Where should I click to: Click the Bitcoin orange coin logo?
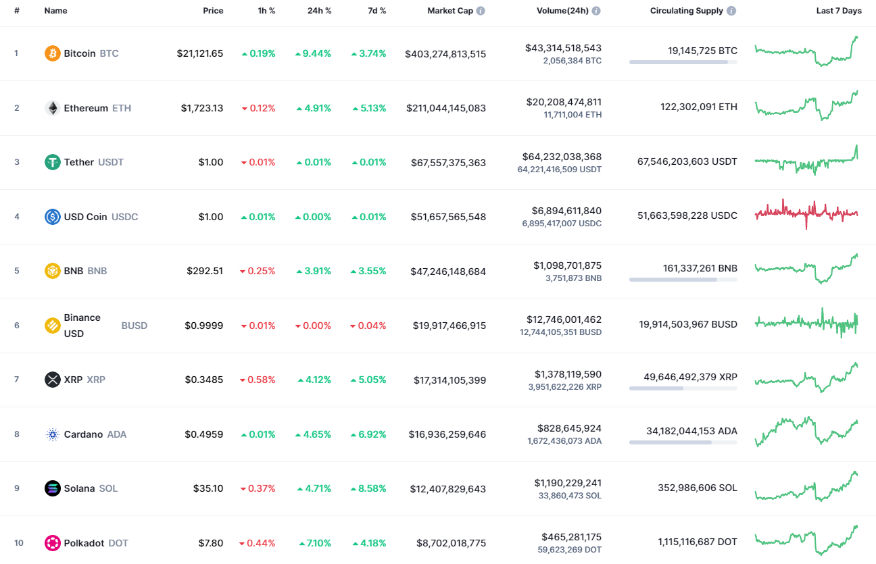click(53, 53)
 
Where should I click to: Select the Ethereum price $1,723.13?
click(201, 108)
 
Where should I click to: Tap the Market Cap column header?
click(450, 11)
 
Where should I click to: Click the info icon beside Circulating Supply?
click(731, 11)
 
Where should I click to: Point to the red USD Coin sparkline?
click(806, 213)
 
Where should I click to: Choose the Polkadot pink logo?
click(53, 543)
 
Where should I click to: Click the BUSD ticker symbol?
click(134, 326)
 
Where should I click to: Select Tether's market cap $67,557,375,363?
click(448, 163)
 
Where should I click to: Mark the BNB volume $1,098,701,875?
click(567, 265)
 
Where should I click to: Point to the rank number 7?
click(17, 380)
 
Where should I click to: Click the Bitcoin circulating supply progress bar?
click(683, 62)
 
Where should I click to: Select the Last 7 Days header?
click(839, 11)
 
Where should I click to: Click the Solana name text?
click(79, 488)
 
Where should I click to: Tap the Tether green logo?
click(53, 162)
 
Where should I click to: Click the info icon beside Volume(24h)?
click(596, 11)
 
